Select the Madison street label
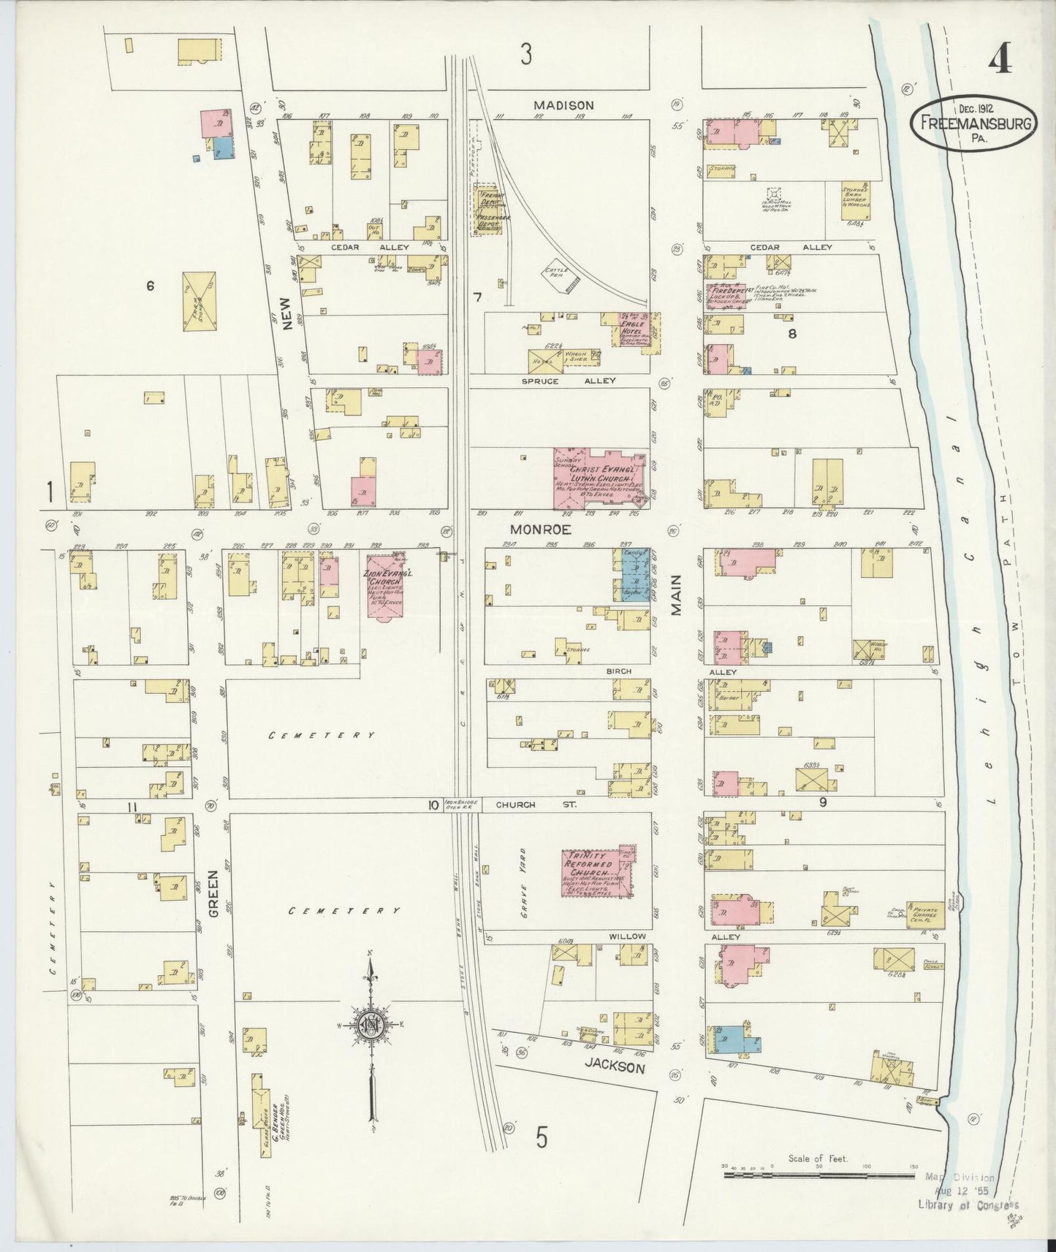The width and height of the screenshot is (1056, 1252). coord(563,105)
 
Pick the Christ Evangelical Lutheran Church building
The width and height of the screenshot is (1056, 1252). coord(599,478)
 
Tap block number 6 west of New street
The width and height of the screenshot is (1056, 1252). coord(150,286)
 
